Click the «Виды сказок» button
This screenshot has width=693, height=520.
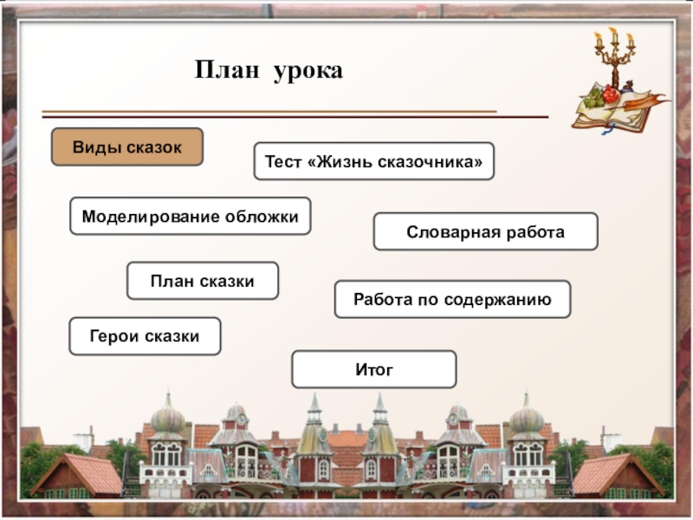[x=127, y=147]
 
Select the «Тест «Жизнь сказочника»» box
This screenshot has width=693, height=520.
[x=373, y=161]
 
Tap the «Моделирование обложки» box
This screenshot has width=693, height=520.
[x=190, y=216]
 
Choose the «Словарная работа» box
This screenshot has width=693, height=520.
[x=485, y=232]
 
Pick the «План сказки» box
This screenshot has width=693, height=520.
[x=203, y=281]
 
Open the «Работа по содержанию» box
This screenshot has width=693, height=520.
[x=452, y=299]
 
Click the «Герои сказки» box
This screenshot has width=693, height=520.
[x=145, y=335]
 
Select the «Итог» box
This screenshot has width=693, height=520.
[x=373, y=369]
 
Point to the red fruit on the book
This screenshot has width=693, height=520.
[x=611, y=94]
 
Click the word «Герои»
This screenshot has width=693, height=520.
[x=114, y=335]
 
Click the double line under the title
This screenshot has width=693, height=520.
[x=295, y=114]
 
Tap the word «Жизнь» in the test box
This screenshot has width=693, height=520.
[x=342, y=162]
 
